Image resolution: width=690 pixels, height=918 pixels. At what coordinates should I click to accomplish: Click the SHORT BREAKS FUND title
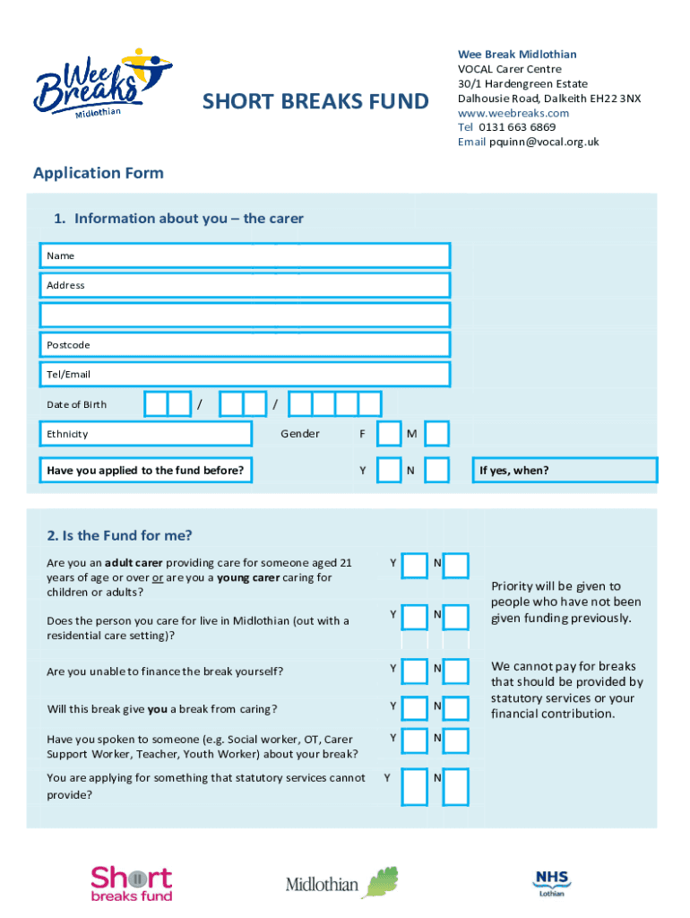(x=315, y=101)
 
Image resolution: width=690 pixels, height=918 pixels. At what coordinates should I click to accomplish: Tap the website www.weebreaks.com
(x=513, y=113)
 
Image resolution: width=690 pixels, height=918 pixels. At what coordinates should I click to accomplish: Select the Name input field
(x=245, y=255)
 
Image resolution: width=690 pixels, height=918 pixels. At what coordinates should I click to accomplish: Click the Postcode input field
(x=245, y=344)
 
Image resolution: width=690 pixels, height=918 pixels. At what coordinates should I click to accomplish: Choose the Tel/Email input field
(x=245, y=374)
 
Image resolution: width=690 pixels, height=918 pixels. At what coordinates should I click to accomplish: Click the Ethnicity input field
(x=146, y=434)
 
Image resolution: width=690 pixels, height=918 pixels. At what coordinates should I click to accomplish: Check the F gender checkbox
(x=389, y=434)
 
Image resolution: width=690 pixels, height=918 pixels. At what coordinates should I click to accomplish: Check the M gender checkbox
(x=436, y=434)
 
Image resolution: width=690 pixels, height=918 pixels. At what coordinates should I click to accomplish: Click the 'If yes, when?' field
(x=566, y=471)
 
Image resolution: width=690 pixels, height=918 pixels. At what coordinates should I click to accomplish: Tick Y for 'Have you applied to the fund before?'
(x=389, y=471)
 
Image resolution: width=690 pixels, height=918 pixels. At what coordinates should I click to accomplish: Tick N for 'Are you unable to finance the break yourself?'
(x=456, y=671)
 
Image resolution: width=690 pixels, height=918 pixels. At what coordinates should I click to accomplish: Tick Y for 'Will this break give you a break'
(x=415, y=707)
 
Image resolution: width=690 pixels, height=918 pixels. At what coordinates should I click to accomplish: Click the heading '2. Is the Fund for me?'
(x=119, y=536)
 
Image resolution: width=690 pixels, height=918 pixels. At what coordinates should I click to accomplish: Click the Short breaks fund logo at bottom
(x=131, y=883)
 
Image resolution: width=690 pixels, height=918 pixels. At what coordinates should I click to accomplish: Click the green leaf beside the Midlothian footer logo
(x=380, y=881)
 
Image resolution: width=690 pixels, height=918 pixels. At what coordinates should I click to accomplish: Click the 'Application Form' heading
(x=99, y=173)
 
